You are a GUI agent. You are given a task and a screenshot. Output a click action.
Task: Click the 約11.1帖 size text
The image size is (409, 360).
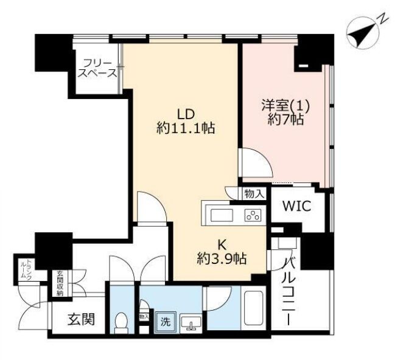coord(186,128)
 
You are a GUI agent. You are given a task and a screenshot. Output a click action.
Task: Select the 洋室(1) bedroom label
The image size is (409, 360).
coord(285,106)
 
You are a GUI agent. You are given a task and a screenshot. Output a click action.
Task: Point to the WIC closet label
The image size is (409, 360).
coord(297,206)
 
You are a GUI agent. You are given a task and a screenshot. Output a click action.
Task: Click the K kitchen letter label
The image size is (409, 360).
coord(222,245)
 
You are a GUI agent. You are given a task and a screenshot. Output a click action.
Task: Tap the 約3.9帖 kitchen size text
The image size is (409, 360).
coord(222,258)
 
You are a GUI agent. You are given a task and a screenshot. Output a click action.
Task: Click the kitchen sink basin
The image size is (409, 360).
coord(222,215)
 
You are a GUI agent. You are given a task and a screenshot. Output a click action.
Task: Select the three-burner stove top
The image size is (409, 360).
coord(253,215)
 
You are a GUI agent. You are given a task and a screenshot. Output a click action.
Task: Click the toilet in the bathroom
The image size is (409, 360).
coord(122,323)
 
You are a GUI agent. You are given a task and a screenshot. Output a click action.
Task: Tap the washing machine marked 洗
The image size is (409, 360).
coord(166,323)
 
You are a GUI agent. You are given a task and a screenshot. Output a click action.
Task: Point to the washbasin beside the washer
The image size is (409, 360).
coord(191,324)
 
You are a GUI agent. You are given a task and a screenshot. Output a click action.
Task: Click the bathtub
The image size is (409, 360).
coord(254,308)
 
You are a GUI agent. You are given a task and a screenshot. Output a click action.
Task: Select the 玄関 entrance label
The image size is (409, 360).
coord(81,319)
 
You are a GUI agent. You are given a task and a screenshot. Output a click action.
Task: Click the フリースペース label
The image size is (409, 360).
coord(97,69)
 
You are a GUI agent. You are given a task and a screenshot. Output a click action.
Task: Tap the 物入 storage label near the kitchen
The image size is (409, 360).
coord(254,194)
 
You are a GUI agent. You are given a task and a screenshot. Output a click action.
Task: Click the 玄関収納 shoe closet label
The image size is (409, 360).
coord(60,284)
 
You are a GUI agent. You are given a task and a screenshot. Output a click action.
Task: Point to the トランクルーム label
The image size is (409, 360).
coord(26,269)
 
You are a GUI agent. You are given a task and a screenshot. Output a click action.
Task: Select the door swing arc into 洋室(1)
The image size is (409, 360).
coord(263,156)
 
